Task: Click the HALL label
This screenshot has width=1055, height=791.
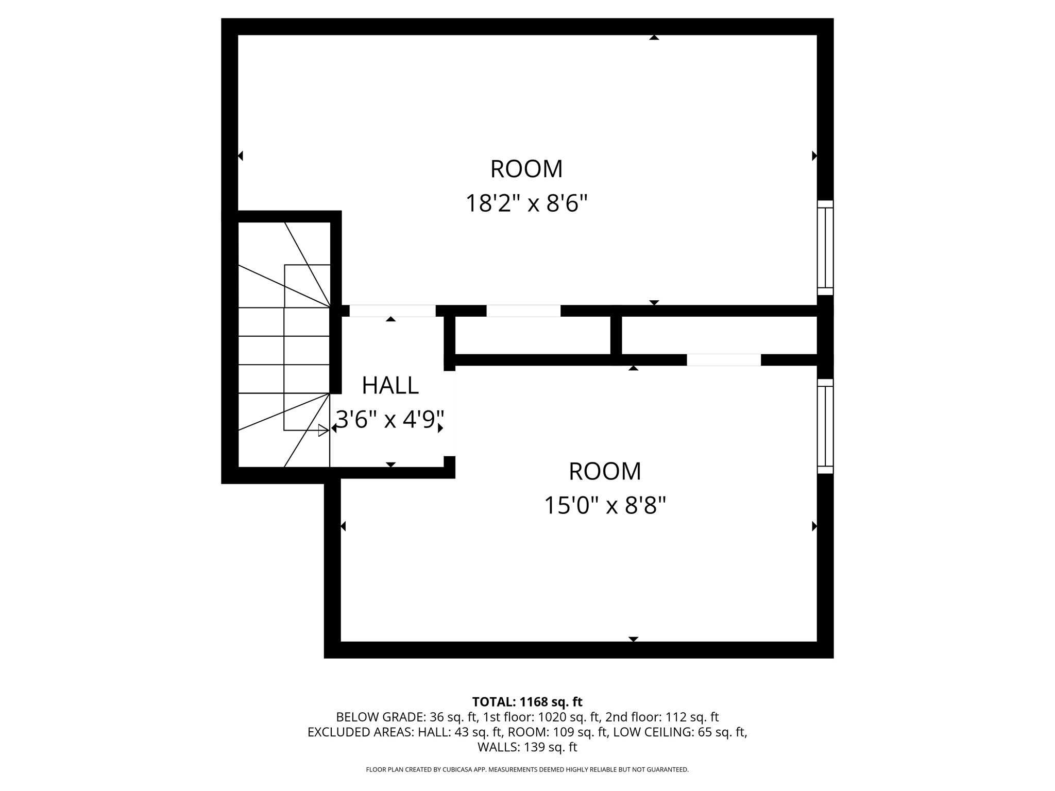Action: coord(390,386)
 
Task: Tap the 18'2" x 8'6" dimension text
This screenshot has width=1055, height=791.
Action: coord(526,203)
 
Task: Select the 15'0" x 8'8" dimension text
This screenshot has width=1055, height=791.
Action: coord(605,506)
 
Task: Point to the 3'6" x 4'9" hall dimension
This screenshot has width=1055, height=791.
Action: coord(390,420)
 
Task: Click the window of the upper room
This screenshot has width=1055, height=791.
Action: coord(825,248)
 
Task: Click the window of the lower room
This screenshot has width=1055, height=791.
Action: coord(825,426)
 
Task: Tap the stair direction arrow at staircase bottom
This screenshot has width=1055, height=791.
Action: coord(323,431)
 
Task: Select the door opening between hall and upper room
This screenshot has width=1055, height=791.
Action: coord(393,311)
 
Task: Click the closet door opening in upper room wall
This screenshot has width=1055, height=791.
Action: coord(523,311)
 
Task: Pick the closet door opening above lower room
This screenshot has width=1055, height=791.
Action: coord(724,360)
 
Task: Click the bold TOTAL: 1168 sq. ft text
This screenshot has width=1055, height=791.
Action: coord(527,702)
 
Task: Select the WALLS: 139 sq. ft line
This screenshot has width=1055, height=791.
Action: coord(527,747)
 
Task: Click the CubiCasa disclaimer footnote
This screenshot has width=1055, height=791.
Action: coord(527,769)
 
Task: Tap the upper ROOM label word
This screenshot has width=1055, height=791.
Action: coord(526,169)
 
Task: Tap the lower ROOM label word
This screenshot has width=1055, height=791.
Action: coord(605,472)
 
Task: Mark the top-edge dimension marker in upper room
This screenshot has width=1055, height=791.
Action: coord(654,38)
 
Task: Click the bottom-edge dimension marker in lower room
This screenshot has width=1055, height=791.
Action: coord(634,639)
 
